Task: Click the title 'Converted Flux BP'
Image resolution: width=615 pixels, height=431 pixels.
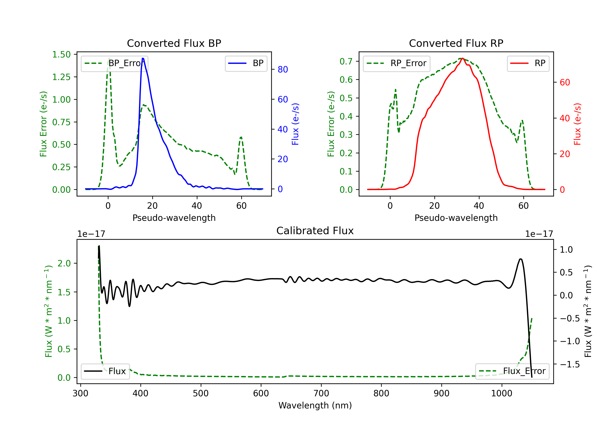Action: (174, 43)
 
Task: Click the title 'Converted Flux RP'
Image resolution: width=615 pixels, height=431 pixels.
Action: (456, 43)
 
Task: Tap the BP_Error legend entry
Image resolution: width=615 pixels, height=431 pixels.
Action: (114, 63)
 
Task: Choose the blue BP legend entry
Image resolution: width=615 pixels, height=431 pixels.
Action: (246, 63)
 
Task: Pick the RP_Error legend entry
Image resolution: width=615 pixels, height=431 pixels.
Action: (396, 63)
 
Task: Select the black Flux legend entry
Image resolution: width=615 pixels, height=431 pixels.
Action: (105, 371)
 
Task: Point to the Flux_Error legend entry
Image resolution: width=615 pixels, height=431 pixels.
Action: (512, 371)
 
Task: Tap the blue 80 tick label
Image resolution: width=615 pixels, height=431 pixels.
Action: (282, 69)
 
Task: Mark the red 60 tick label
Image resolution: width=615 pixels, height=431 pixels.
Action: (565, 82)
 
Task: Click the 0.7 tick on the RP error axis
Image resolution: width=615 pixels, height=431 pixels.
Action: (346, 61)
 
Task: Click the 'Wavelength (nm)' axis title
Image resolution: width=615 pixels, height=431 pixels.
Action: (315, 405)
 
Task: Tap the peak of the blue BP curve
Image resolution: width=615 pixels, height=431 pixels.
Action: (143, 58)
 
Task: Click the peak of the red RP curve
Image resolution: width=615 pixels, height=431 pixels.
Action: (462, 58)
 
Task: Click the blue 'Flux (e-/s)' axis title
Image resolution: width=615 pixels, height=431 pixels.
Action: (295, 124)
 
